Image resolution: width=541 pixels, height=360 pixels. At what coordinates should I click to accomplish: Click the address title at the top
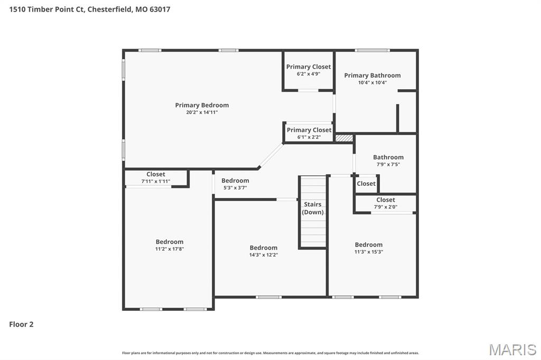point(89,9)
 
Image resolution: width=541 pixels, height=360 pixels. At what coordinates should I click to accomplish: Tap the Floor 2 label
point(21,324)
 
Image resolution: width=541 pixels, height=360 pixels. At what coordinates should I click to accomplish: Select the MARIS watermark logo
point(512,349)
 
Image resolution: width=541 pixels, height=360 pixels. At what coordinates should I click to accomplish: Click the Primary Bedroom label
point(202,105)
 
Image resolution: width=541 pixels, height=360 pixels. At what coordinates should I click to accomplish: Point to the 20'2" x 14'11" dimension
point(202,112)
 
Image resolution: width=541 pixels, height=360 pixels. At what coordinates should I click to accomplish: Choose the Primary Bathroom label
point(372,75)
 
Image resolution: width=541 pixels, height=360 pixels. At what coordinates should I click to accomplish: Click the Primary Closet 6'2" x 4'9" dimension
point(309,74)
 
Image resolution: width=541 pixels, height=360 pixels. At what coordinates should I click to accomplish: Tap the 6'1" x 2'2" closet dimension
point(309,137)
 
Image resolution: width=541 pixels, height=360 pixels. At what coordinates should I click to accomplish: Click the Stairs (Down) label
point(313,208)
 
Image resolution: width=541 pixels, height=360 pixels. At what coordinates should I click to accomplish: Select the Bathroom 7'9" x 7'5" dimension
point(388,164)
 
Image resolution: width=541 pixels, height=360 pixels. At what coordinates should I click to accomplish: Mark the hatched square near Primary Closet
point(344,138)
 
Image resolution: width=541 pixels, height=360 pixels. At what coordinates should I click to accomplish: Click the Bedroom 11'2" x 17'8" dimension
point(169,249)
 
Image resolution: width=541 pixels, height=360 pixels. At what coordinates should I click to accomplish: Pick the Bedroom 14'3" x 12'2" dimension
point(263,255)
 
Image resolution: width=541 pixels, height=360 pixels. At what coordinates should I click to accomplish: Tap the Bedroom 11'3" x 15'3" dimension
point(368,252)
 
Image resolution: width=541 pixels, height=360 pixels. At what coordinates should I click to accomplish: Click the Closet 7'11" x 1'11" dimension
point(156,181)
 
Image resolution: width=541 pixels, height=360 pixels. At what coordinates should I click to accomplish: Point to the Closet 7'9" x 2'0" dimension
point(385,207)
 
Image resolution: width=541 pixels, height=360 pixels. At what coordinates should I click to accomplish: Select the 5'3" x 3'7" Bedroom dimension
point(235,187)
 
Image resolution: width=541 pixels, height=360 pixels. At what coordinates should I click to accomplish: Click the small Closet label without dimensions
point(366,184)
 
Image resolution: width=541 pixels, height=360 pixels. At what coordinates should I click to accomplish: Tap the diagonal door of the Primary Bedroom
point(271,155)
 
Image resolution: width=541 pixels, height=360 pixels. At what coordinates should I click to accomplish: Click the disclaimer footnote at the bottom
point(270,353)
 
